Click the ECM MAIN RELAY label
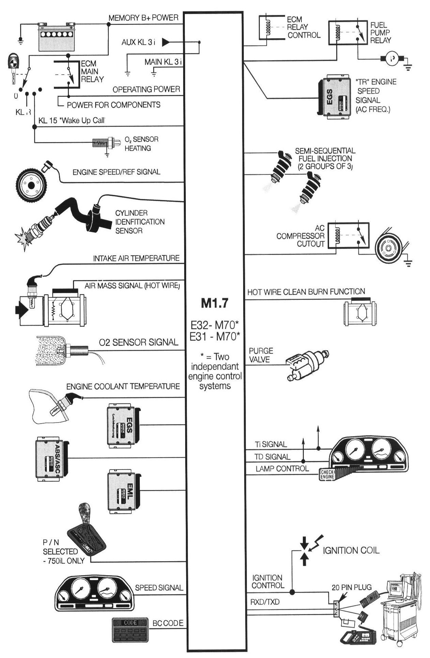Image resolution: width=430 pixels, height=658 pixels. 90,72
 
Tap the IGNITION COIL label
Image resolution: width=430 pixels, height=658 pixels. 351,551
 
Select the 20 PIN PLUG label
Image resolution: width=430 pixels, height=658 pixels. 351,587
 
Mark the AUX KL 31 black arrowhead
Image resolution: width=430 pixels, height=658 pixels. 166,42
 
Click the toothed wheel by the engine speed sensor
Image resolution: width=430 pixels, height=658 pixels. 31,185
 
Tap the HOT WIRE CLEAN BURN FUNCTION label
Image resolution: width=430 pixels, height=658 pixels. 306,292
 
